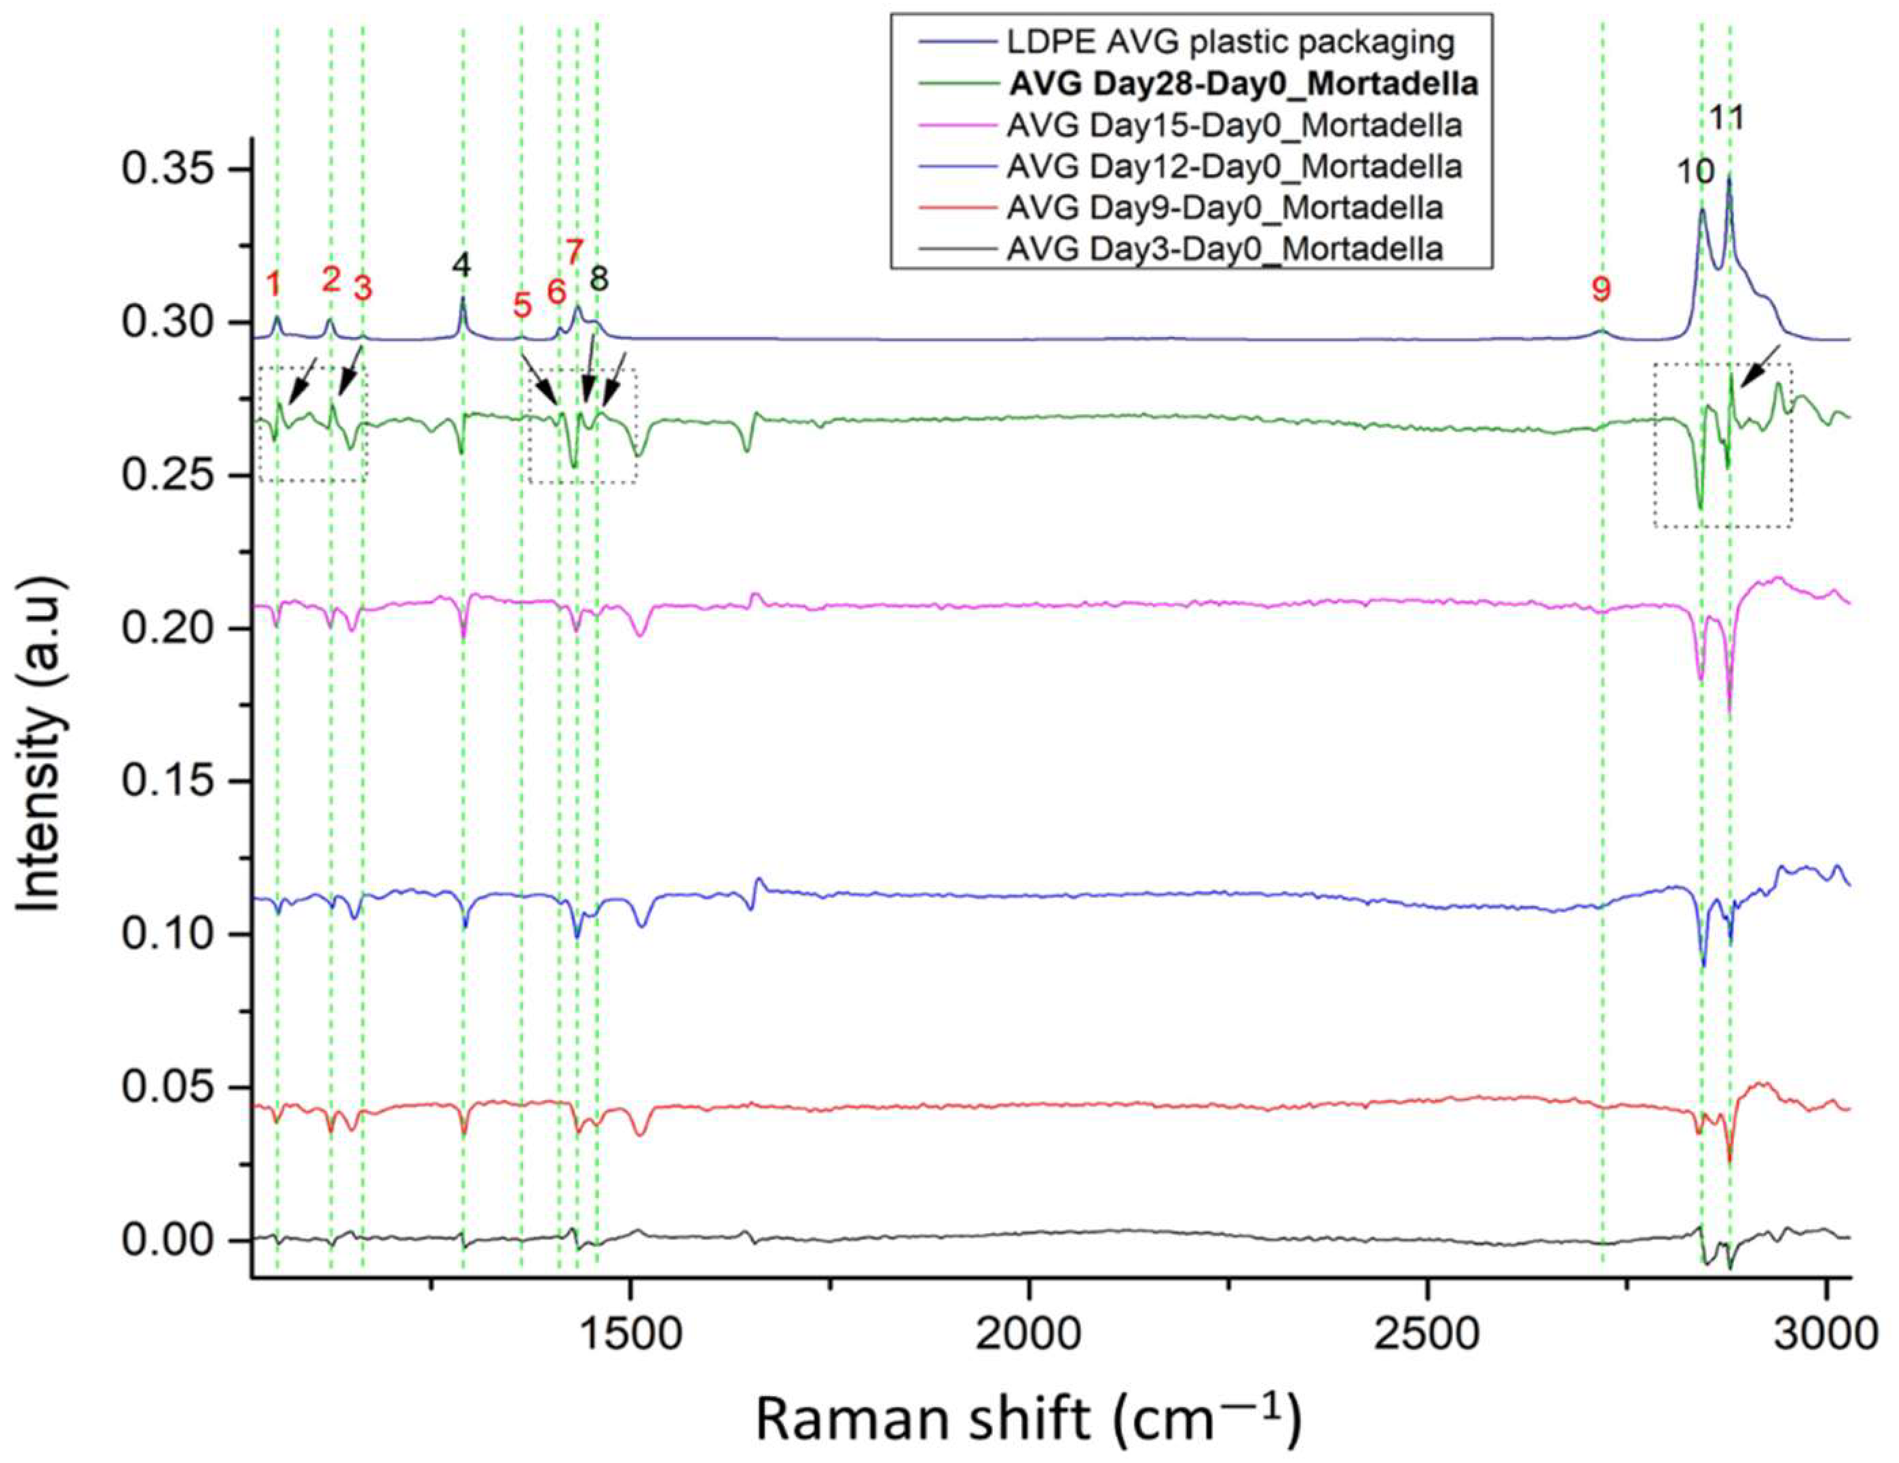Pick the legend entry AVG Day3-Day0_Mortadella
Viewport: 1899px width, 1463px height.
pos(1225,250)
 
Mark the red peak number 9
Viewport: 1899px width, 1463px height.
pos(1602,289)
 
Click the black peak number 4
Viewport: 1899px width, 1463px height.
pos(462,265)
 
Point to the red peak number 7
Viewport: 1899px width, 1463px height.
pos(574,253)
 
